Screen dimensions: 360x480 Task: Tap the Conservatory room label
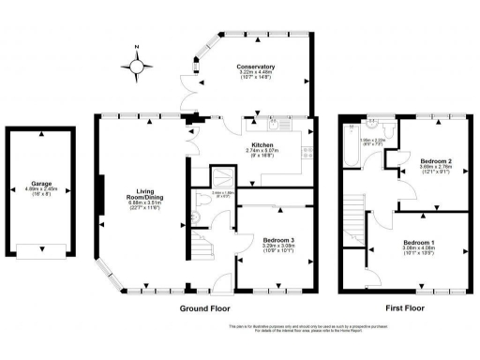255,67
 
